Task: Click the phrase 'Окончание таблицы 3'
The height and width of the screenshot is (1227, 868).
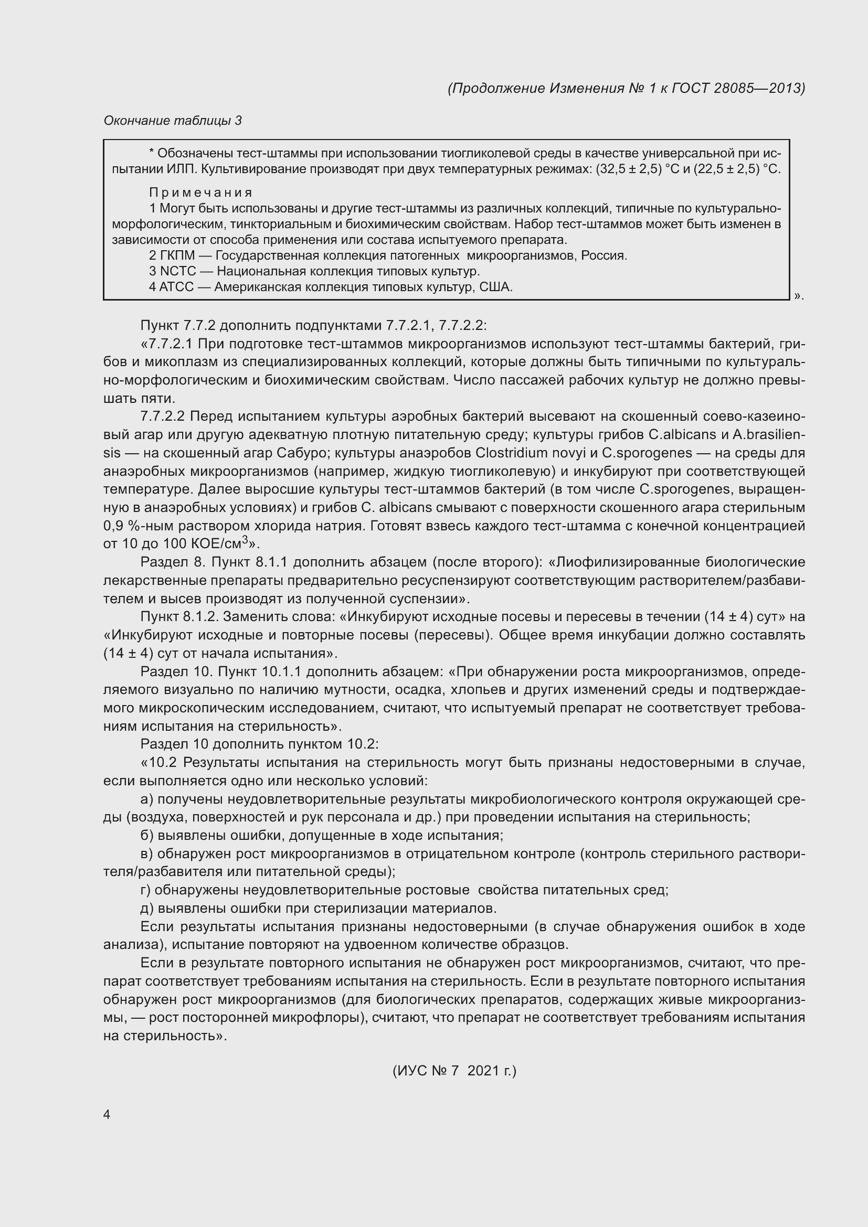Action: pyautogui.click(x=173, y=121)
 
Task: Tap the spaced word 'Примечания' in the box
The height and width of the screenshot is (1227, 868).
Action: pyautogui.click(x=200, y=193)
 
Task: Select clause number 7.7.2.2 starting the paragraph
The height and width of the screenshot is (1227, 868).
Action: pyautogui.click(x=163, y=417)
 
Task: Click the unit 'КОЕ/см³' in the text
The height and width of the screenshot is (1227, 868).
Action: pyautogui.click(x=221, y=544)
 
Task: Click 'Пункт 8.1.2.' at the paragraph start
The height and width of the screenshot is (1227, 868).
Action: pyautogui.click(x=179, y=617)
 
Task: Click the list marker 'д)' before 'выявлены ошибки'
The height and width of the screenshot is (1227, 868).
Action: pyautogui.click(x=147, y=908)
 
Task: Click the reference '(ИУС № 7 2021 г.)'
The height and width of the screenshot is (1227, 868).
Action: pyautogui.click(x=454, y=1071)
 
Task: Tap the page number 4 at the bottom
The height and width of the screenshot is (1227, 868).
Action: pyautogui.click(x=107, y=1114)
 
